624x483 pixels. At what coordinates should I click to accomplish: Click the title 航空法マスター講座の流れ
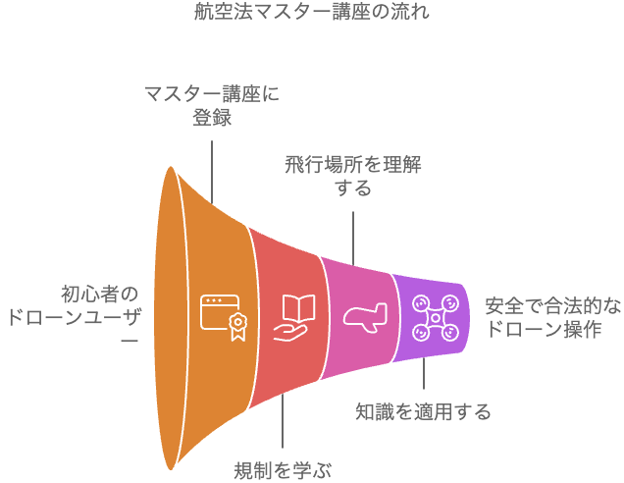312,14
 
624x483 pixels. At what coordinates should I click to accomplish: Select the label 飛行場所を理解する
353,174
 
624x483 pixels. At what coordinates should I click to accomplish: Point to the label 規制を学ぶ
283,469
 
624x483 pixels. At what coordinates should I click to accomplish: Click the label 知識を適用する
423,410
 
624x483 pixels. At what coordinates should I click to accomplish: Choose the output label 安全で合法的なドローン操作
552,318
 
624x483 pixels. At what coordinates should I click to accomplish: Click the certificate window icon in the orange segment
220,317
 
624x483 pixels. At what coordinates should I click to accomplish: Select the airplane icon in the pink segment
365,317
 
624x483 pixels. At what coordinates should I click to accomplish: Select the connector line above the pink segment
353,232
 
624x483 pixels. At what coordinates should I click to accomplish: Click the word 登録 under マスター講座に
212,117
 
